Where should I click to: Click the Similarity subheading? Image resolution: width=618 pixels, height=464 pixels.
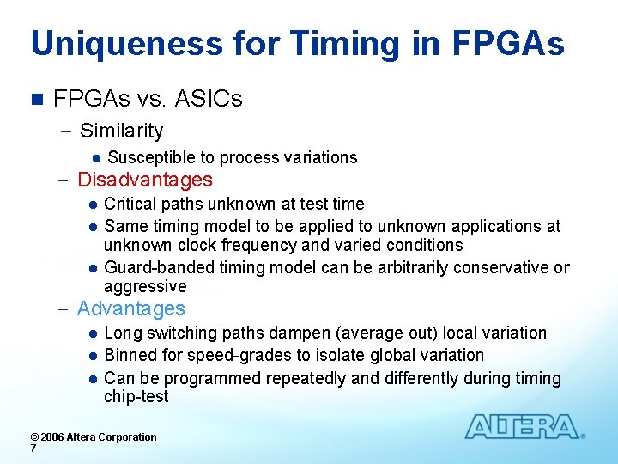click(121, 131)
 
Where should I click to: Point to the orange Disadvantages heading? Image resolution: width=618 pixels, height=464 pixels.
click(145, 180)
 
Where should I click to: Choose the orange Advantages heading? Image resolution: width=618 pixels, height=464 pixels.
click(131, 308)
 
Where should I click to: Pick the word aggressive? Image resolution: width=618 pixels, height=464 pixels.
click(145, 286)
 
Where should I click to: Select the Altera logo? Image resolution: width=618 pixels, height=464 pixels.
click(523, 426)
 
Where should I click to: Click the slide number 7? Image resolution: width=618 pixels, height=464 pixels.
click(33, 449)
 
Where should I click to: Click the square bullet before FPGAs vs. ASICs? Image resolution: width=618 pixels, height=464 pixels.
click(36, 100)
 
